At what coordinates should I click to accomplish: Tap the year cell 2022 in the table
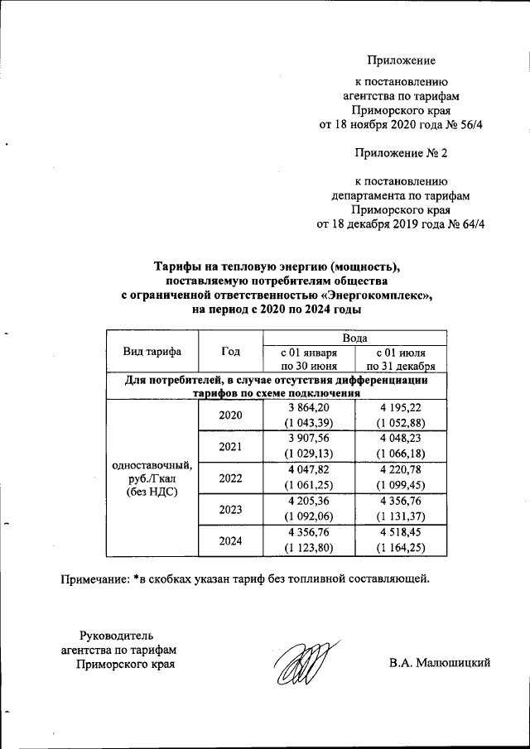click(x=230, y=478)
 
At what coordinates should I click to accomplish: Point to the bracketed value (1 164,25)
click(x=401, y=549)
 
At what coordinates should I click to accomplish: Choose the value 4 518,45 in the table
click(x=401, y=533)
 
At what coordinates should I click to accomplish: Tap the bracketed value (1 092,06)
click(x=308, y=517)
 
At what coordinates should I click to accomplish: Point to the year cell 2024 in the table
click(x=230, y=540)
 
